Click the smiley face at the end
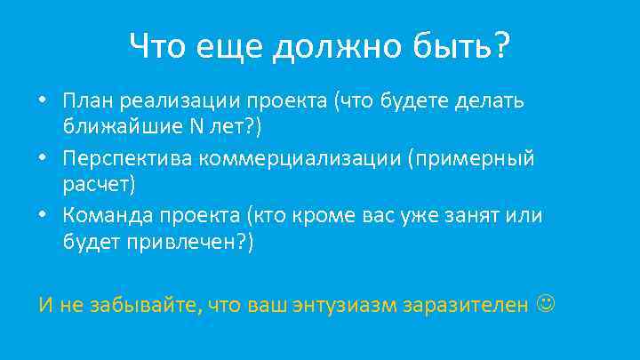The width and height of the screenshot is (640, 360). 544,305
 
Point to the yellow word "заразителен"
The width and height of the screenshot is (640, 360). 466,306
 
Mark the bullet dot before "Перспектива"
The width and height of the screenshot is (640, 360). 44,158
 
